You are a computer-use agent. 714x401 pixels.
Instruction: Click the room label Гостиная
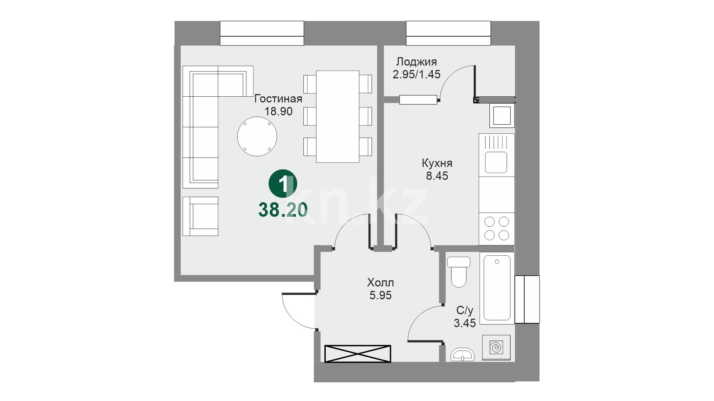278,99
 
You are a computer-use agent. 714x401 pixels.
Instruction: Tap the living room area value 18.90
279,111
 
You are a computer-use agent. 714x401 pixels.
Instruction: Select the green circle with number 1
283,185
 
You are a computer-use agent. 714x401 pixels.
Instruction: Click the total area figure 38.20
283,210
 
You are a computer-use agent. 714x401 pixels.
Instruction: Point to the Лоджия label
416,62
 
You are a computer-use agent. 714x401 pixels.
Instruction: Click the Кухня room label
437,163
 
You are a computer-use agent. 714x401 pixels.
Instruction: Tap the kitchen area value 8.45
437,176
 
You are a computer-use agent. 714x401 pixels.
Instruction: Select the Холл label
380,283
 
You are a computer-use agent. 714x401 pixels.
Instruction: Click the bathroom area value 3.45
465,323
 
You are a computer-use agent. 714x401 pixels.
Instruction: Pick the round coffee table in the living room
257,136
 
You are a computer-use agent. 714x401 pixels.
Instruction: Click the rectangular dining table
337,117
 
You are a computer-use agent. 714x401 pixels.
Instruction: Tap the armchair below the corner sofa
200,216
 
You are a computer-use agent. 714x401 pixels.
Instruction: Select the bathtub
497,288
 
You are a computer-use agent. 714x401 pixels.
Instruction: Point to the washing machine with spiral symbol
496,347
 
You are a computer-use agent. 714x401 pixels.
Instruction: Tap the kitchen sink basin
496,162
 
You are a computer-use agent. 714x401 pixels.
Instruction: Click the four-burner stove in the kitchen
497,229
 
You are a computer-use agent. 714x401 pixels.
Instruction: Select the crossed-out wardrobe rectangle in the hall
358,354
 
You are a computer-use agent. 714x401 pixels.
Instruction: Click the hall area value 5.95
380,295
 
